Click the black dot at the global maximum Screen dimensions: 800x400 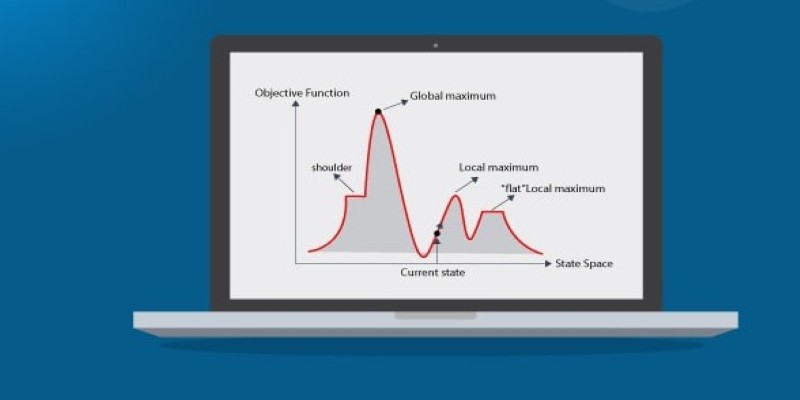[x=378, y=112]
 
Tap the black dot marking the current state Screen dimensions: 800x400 [x=437, y=233]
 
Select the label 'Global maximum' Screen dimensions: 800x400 [x=453, y=96]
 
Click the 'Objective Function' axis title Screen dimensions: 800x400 [x=302, y=93]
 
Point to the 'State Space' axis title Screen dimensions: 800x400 [x=584, y=264]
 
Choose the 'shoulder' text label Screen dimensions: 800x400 [x=332, y=167]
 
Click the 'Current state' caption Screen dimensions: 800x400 [x=433, y=272]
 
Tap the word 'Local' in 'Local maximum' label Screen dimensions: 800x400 [x=472, y=167]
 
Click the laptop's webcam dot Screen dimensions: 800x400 [x=435, y=45]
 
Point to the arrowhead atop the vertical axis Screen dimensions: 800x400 [x=295, y=104]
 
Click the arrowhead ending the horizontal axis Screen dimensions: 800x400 [x=548, y=264]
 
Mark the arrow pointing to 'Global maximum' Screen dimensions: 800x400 [x=395, y=105]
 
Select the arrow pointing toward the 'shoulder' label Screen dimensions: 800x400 [x=344, y=183]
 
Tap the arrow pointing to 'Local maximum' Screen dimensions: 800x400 [x=466, y=184]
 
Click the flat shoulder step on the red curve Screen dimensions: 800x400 [x=356, y=196]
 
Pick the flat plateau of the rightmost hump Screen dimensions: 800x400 [x=493, y=212]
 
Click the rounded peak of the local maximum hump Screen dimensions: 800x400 [x=457, y=196]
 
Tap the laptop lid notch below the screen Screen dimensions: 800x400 [x=435, y=316]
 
